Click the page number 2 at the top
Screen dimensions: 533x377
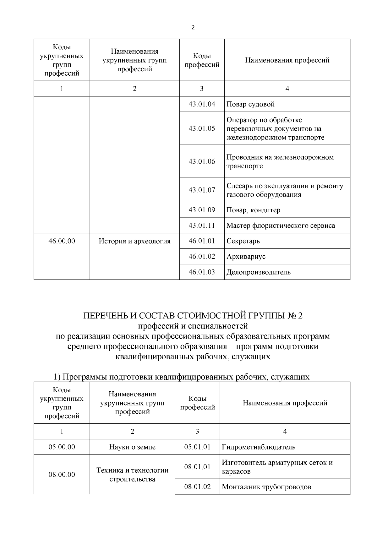[x=193, y=27]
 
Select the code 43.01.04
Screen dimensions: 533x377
[x=202, y=104]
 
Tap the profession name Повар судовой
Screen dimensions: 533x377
[x=250, y=104]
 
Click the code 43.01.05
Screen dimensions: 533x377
[x=202, y=128]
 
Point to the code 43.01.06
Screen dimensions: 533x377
[x=202, y=161]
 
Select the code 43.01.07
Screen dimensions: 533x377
[x=202, y=190]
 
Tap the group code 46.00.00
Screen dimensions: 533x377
[x=62, y=241]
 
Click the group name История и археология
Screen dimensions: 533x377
[x=134, y=241]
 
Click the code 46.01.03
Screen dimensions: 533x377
[x=202, y=272]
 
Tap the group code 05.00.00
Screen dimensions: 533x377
[x=62, y=447]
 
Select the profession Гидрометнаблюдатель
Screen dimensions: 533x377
[x=259, y=447]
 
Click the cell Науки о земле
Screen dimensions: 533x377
[x=132, y=447]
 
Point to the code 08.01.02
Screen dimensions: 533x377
[x=197, y=487]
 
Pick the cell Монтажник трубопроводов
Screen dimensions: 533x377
[x=266, y=487]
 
